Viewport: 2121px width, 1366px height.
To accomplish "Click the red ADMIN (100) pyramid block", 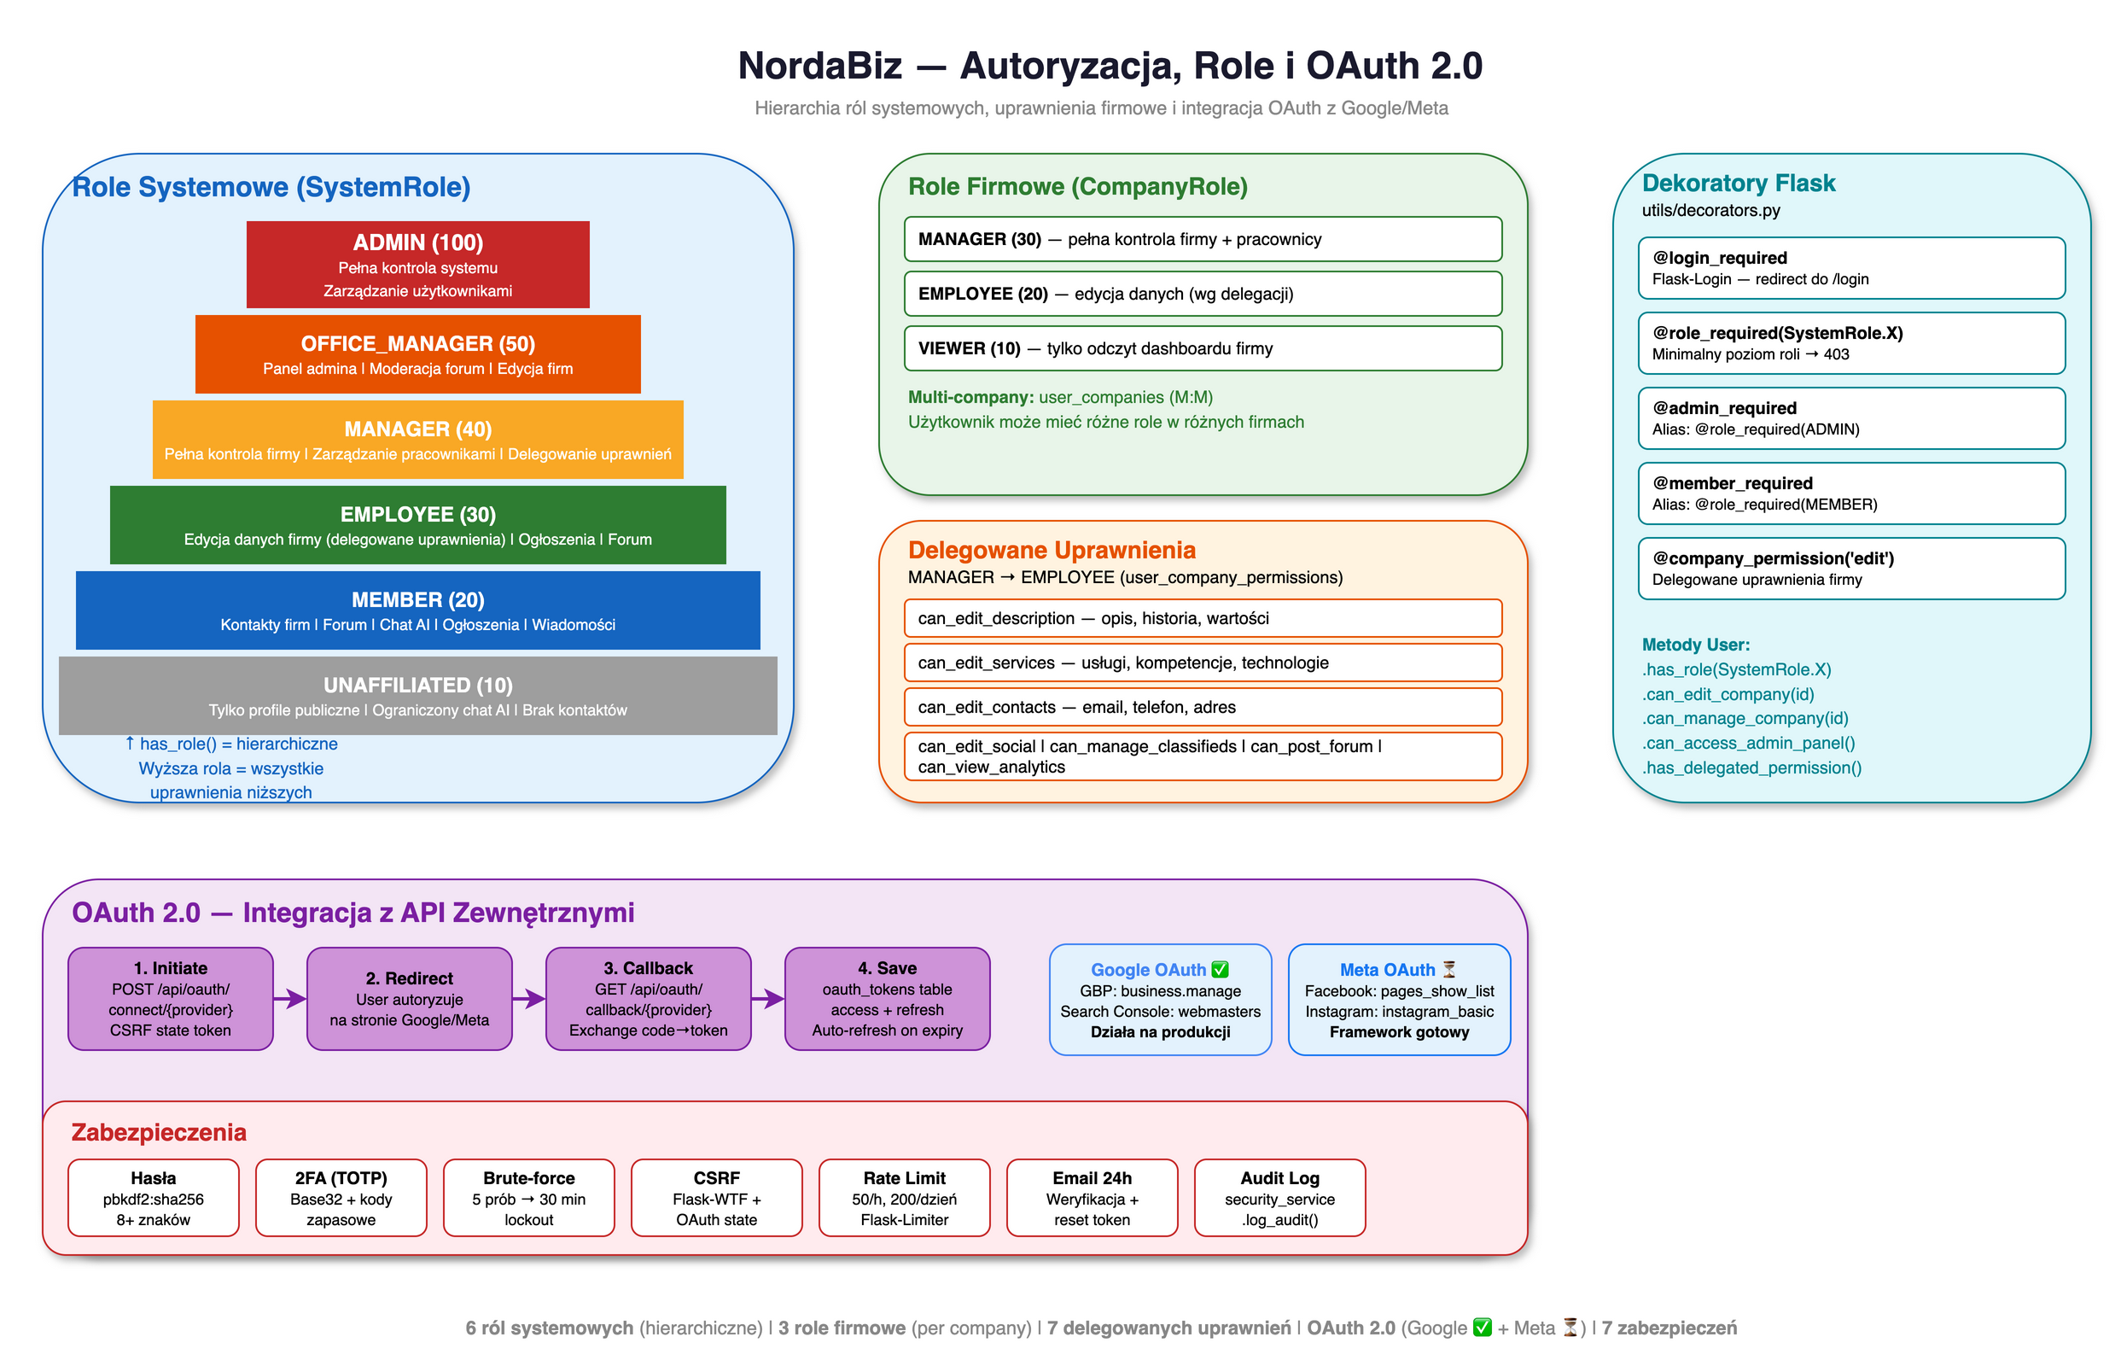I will [x=417, y=265].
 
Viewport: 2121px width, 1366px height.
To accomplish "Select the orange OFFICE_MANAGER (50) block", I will [x=417, y=354].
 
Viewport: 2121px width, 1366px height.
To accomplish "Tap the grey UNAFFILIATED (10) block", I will [x=417, y=696].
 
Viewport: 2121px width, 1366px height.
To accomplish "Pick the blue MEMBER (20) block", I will [x=417, y=610].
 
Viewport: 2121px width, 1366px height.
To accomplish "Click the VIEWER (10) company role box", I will [x=1203, y=348].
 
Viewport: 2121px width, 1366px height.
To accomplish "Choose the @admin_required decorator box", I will [x=1850, y=417].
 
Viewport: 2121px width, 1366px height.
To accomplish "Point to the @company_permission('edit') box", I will [x=1850, y=568].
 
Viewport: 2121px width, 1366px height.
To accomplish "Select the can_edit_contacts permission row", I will [x=1203, y=707].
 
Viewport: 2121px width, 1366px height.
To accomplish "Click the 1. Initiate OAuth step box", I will [x=170, y=999].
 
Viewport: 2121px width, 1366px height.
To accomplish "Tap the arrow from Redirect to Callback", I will [x=529, y=999].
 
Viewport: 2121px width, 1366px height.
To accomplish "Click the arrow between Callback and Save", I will [x=768, y=999].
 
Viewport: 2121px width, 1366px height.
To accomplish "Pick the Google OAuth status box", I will [x=1160, y=1000].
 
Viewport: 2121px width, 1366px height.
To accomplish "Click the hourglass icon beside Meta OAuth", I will [x=1449, y=969].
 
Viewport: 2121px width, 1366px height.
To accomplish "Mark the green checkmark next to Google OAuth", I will [x=1220, y=970].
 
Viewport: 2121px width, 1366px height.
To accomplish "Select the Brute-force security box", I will [x=528, y=1198].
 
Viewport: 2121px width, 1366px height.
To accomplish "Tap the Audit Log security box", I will [x=1279, y=1198].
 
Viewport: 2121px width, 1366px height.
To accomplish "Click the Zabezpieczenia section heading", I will [x=159, y=1133].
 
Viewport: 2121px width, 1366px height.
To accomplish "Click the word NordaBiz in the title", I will [x=819, y=66].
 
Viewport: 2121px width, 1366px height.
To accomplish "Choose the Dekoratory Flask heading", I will [x=1738, y=183].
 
